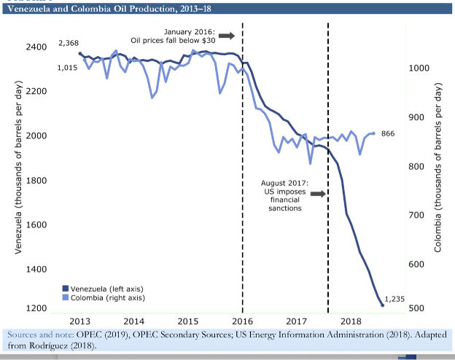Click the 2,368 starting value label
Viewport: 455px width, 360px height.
(x=69, y=43)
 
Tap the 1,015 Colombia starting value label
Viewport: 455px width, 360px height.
(x=67, y=68)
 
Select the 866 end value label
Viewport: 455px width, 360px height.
(x=388, y=134)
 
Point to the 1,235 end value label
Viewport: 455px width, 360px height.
(x=394, y=298)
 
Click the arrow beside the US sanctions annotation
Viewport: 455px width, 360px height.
(x=317, y=193)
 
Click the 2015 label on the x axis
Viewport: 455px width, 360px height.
(x=188, y=321)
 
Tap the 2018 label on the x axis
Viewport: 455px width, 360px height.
(x=350, y=321)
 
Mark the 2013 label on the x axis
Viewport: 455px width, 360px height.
(x=80, y=321)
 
